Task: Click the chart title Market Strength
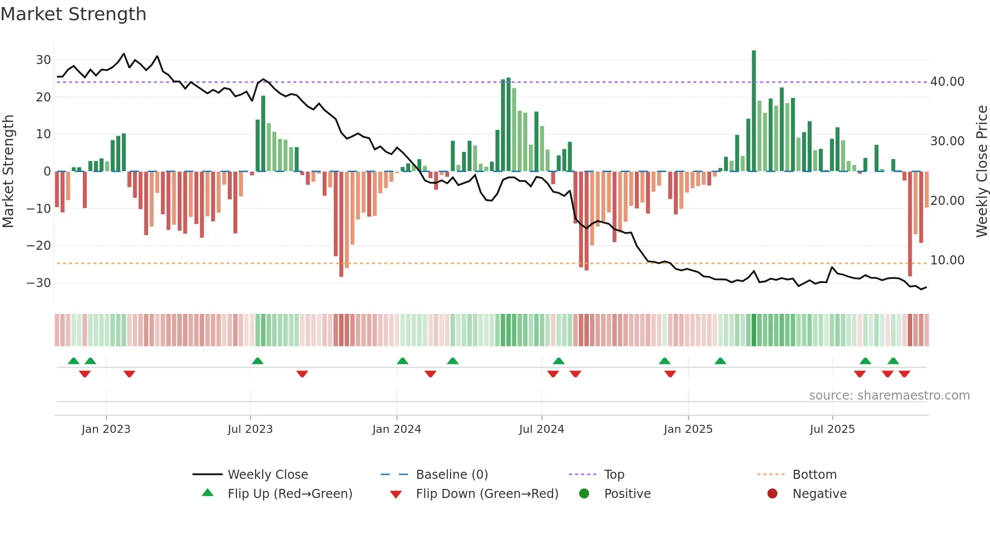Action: click(73, 14)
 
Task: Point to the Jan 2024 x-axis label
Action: click(397, 429)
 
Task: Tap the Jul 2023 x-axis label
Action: click(250, 429)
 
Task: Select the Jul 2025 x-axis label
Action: click(832, 429)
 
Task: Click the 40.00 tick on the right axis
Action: click(947, 82)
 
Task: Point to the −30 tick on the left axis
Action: click(39, 283)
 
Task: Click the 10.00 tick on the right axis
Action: click(947, 260)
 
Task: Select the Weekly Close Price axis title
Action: click(981, 172)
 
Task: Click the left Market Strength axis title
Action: click(8, 172)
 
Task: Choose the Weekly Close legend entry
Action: click(268, 475)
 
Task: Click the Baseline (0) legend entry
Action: click(452, 475)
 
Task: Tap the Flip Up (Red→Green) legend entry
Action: click(289, 494)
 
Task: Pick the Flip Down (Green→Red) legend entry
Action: click(487, 494)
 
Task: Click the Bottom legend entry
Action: click(814, 475)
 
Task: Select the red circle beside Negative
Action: click(772, 494)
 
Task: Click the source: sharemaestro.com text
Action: click(889, 396)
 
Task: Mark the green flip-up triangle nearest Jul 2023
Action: click(258, 361)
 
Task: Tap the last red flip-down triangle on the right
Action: click(904, 374)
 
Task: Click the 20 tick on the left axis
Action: click(43, 97)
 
